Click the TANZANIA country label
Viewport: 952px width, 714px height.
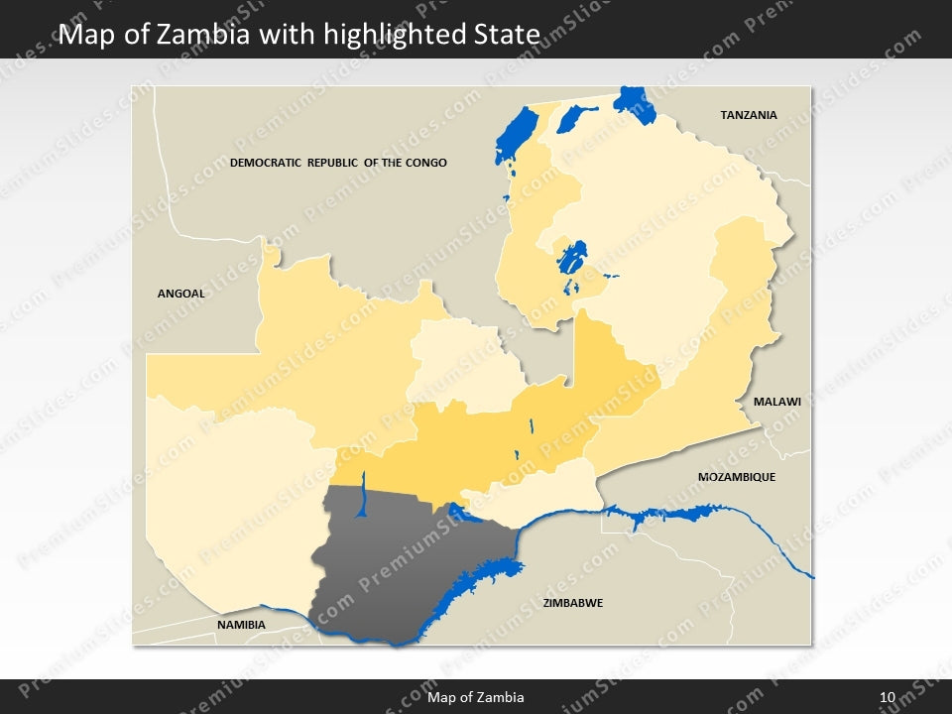pos(748,115)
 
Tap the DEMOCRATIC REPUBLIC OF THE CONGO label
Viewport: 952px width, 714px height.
pos(338,163)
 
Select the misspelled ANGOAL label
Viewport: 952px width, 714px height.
pos(180,294)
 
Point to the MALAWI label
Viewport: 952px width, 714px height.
pos(776,403)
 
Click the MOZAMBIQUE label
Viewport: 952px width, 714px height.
pos(736,477)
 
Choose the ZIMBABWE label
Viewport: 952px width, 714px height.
pos(572,603)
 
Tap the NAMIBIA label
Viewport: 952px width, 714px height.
pos(241,625)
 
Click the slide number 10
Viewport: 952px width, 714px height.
pos(887,698)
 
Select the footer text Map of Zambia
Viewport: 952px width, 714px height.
pos(475,698)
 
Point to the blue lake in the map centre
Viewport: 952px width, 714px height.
pos(571,260)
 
